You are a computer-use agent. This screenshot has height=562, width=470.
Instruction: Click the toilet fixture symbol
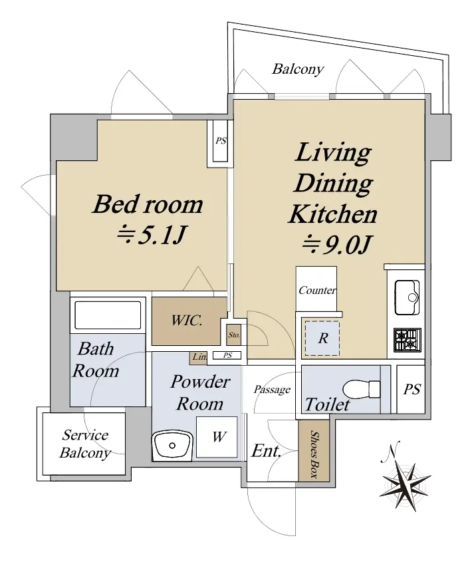click(362, 389)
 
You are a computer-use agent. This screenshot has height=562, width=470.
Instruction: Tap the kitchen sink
click(407, 297)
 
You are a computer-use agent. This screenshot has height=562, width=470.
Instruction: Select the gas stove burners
click(408, 339)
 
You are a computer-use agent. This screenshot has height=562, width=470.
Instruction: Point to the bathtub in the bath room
click(108, 315)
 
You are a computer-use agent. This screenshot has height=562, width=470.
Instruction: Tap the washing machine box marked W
click(217, 436)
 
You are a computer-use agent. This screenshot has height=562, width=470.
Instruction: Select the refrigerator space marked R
click(322, 339)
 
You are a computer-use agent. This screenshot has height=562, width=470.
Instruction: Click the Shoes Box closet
click(314, 450)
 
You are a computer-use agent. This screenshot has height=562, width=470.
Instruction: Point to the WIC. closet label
click(186, 320)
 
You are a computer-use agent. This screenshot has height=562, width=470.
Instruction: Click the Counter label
click(317, 290)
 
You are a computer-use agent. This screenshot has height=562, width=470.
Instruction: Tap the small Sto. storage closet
click(234, 335)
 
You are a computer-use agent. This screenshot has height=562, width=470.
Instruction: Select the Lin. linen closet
click(199, 358)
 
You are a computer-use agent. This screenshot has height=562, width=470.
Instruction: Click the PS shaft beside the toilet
click(411, 389)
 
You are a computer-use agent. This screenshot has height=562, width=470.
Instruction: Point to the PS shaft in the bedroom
click(220, 141)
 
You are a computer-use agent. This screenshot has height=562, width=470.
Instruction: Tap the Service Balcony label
click(85, 444)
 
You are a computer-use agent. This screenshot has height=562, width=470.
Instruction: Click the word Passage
click(272, 390)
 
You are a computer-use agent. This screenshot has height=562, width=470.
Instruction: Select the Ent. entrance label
click(266, 451)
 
